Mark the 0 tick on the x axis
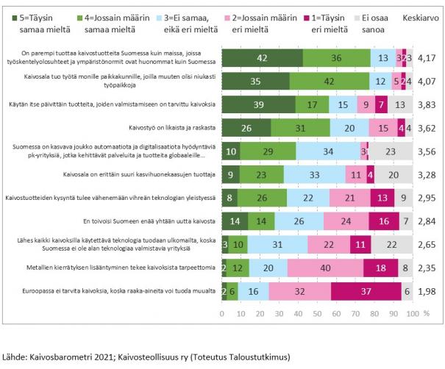pos(222,314)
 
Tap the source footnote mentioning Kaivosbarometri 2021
pos(146,357)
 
